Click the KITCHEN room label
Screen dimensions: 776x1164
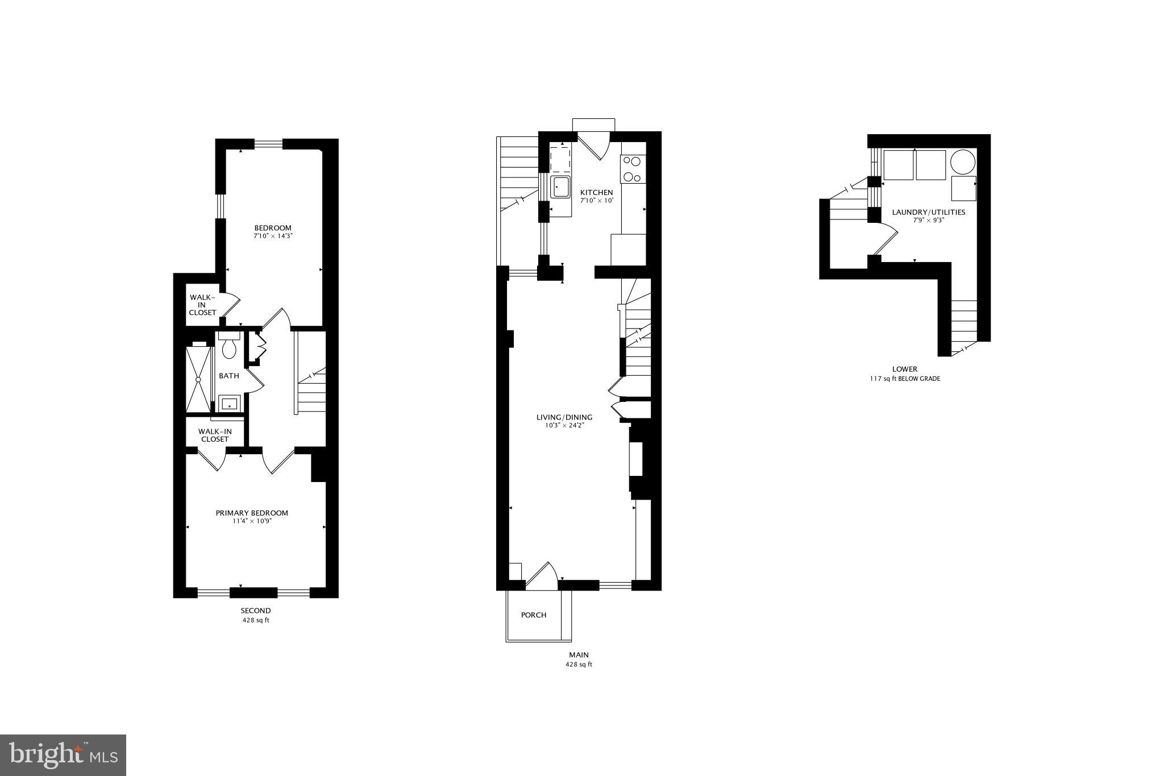(596, 193)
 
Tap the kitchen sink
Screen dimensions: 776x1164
(560, 186)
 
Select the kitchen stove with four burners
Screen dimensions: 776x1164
(633, 169)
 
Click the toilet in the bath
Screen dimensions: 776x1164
(229, 346)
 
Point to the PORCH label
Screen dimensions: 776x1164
(534, 615)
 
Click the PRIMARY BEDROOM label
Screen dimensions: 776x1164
(252, 513)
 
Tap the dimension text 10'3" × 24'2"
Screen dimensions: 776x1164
(564, 425)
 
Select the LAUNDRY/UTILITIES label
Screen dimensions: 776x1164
(928, 212)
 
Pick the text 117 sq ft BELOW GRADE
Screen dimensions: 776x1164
(904, 379)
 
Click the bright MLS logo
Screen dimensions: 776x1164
(63, 754)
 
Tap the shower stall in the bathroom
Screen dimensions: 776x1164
(198, 379)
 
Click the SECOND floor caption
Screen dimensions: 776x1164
(255, 611)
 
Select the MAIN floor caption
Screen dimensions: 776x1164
(579, 655)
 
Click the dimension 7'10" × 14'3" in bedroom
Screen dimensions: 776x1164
(273, 235)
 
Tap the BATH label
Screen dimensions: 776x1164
(229, 376)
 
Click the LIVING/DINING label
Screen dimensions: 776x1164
(564, 417)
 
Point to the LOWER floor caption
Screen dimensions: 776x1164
(904, 369)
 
